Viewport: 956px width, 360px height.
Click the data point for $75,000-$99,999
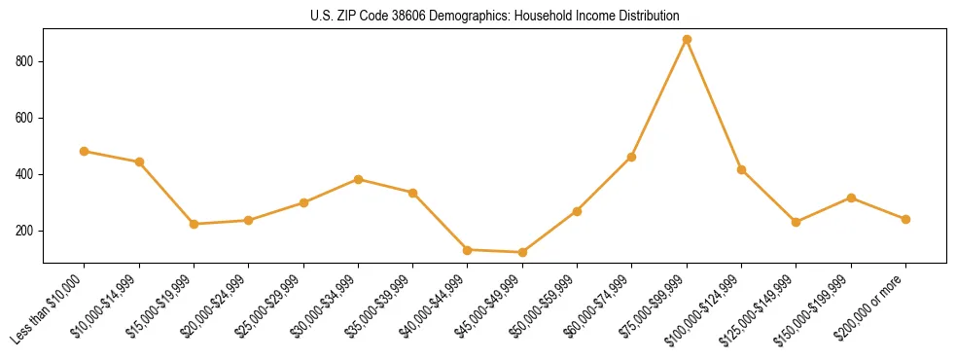coord(687,39)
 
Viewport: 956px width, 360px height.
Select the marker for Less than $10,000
coord(85,151)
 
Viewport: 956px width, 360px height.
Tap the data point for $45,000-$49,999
coord(523,252)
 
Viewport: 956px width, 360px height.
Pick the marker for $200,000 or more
coord(906,219)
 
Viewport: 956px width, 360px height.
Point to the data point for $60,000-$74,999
coord(632,157)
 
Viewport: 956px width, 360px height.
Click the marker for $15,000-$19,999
coord(195,224)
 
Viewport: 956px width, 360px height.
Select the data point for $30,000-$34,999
coord(359,179)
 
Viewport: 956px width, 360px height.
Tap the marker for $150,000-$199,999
coord(852,198)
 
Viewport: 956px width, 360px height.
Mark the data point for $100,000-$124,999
coord(742,169)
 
